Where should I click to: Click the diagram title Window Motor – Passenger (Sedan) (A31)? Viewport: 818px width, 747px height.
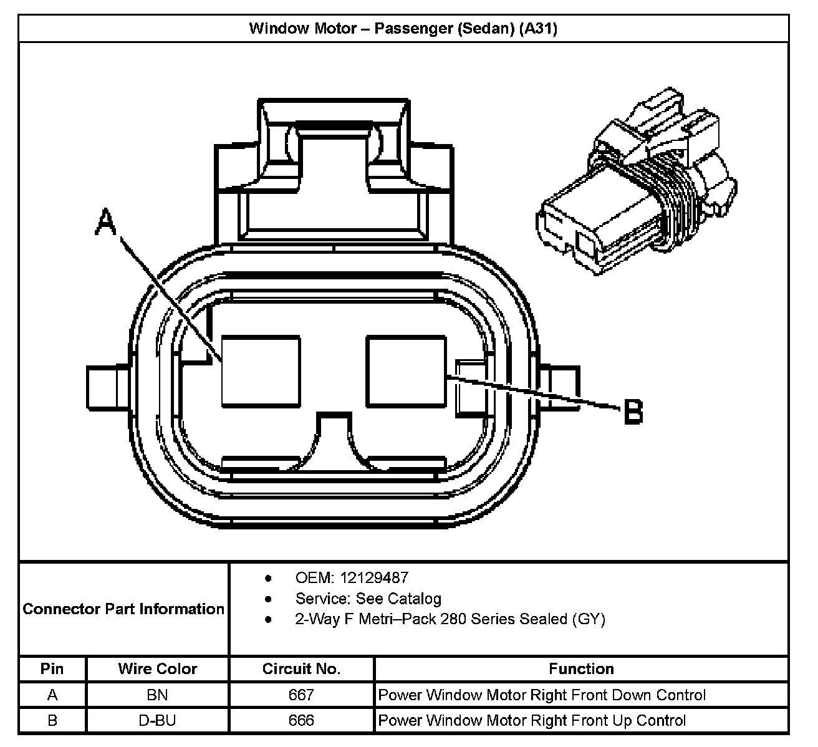point(403,29)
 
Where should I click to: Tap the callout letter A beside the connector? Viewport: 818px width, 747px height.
point(106,223)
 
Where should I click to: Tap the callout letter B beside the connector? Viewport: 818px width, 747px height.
point(633,412)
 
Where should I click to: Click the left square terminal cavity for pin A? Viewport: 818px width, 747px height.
point(261,371)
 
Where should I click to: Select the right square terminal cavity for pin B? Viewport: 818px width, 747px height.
point(407,371)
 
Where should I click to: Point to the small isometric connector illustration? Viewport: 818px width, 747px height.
point(636,181)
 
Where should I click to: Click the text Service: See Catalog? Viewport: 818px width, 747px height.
point(368,599)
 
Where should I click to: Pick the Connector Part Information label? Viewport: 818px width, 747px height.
point(123,609)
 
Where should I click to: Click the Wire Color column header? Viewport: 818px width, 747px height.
point(157,669)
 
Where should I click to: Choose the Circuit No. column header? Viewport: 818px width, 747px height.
point(301,669)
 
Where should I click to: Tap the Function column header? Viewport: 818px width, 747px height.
point(581,669)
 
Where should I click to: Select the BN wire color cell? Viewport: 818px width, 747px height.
point(157,695)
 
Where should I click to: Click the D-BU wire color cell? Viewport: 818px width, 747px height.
point(157,721)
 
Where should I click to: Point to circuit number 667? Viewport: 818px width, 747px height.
point(301,695)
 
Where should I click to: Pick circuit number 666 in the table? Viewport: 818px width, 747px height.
point(301,721)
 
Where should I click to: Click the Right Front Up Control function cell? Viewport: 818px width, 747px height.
point(532,721)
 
